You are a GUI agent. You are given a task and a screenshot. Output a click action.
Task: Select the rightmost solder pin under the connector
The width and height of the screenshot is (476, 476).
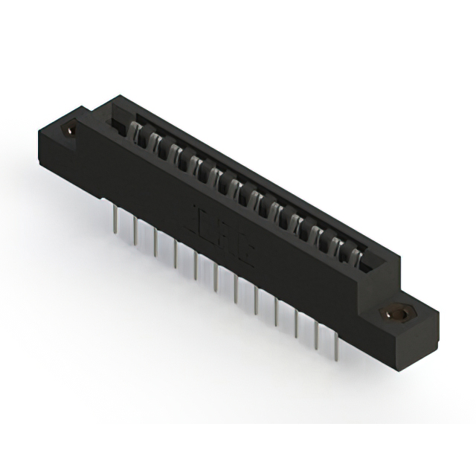pyautogui.click(x=337, y=349)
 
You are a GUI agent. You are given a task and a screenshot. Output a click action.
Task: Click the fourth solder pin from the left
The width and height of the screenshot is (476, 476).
pyautogui.click(x=175, y=254)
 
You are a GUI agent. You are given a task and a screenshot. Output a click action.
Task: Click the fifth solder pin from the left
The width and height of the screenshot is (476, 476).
pyautogui.click(x=195, y=266)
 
